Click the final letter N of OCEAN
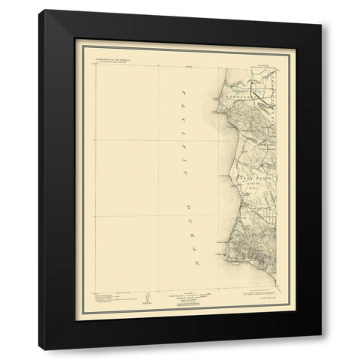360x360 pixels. pyautogui.click(x=191, y=265)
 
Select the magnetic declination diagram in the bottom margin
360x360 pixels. pyautogui.click(x=148, y=298)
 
